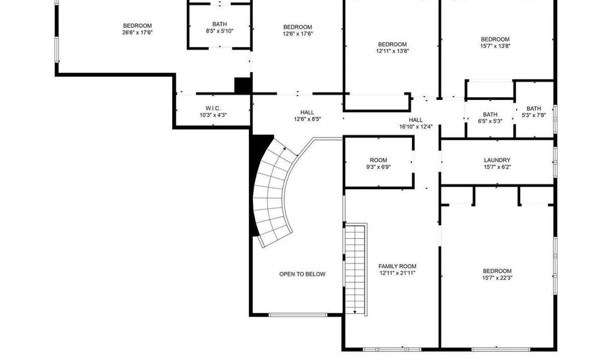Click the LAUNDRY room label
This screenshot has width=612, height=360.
pos(497,160)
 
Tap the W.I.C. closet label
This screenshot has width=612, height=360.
pos(213,108)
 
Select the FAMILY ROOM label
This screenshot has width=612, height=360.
pos(398,266)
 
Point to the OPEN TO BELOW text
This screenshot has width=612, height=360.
pos(302,274)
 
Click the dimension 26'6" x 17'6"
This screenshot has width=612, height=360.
pos(137,32)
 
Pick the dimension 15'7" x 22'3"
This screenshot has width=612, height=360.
pos(496,278)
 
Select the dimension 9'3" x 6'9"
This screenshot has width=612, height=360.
pos(378,167)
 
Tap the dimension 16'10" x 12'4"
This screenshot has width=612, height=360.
pos(415,127)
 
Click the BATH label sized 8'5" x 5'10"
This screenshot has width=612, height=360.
pos(220,24)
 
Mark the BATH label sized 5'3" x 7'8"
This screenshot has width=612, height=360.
pos(534,108)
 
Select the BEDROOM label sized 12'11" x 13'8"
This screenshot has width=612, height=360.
pos(392,44)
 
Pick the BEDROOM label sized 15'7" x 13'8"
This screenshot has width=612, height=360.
pos(495,39)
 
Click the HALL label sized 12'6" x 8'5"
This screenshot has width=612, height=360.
pos(307,112)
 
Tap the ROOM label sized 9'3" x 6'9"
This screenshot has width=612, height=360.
pos(378,160)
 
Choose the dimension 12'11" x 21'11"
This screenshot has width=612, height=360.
pos(398,273)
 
